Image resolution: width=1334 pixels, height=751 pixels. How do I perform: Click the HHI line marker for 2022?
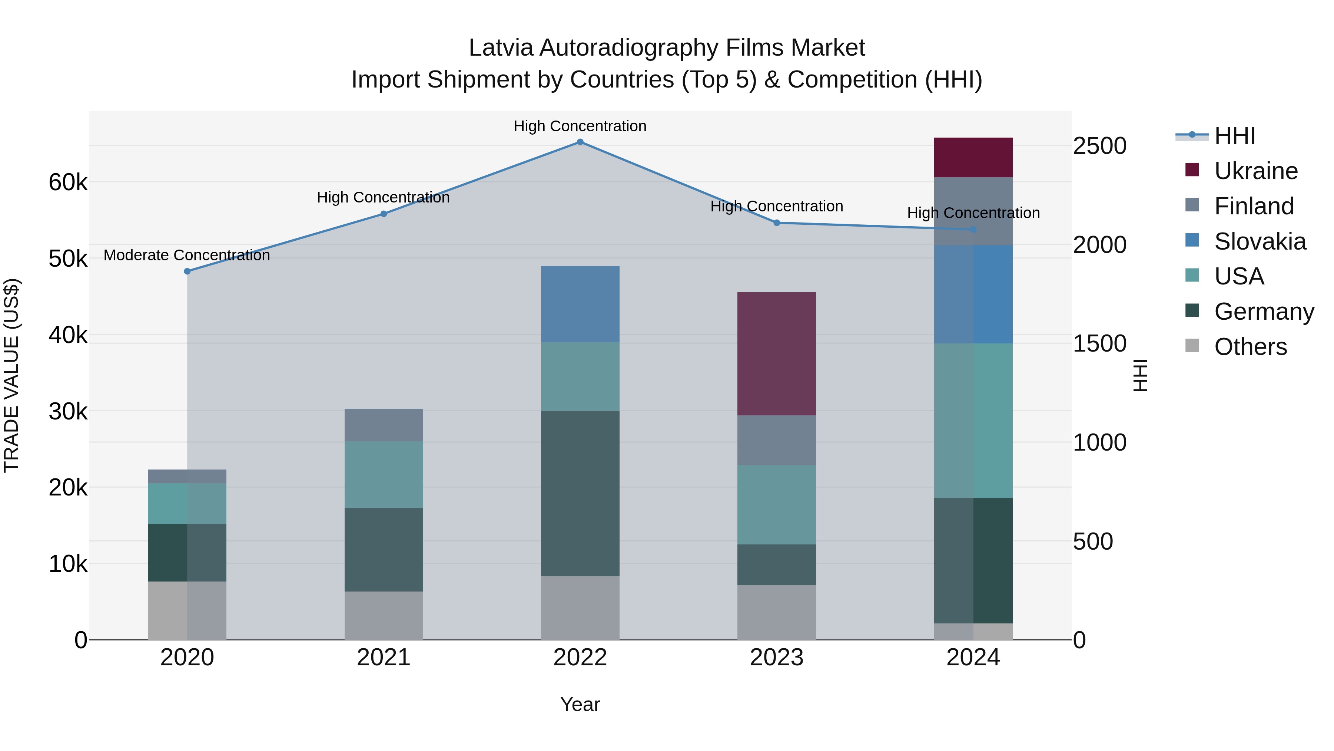pyautogui.click(x=580, y=142)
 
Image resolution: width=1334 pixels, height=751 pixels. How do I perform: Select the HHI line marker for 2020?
pyautogui.click(x=188, y=271)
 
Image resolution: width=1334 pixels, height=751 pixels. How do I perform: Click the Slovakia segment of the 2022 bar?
pyautogui.click(x=580, y=304)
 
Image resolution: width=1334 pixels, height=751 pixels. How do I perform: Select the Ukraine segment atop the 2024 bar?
pyautogui.click(x=973, y=158)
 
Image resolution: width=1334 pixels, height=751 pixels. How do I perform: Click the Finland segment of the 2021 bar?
pyautogui.click(x=384, y=425)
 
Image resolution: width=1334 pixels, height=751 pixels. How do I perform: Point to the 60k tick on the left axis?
pyautogui.click(x=68, y=182)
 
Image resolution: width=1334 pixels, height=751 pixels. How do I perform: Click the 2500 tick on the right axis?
pyautogui.click(x=1099, y=146)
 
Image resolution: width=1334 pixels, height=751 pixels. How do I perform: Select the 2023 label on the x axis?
pyautogui.click(x=776, y=658)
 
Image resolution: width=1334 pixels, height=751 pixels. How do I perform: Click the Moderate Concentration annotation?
pyautogui.click(x=187, y=256)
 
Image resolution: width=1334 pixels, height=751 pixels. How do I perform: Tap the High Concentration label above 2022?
pyautogui.click(x=580, y=126)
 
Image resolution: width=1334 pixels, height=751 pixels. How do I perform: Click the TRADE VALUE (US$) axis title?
pyautogui.click(x=11, y=375)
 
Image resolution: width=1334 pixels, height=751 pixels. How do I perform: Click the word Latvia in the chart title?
pyautogui.click(x=500, y=48)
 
